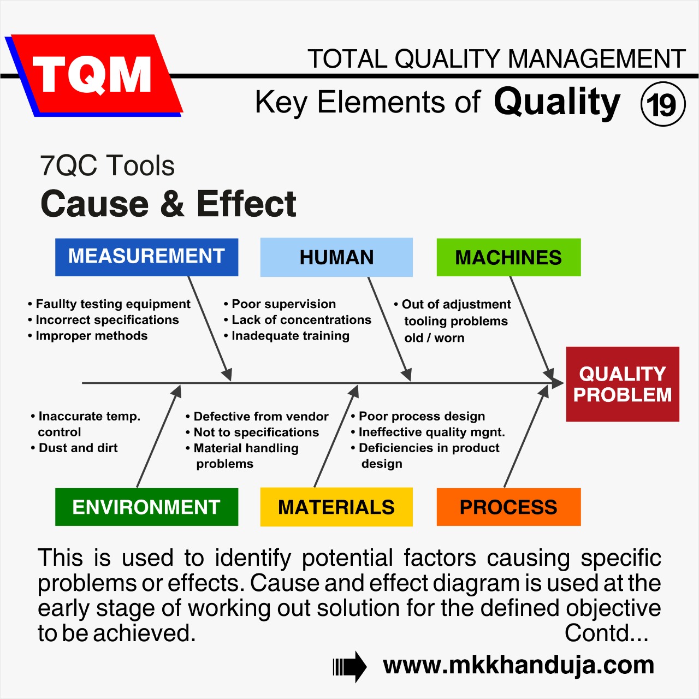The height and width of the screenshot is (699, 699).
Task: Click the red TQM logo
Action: click(x=93, y=75)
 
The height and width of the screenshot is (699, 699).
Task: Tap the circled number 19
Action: click(x=662, y=104)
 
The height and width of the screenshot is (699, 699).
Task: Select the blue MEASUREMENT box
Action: click(x=146, y=257)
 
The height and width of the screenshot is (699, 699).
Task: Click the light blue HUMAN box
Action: click(x=336, y=257)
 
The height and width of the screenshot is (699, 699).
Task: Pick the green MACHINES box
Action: click(x=508, y=257)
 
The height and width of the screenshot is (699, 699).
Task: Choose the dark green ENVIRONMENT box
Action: click(x=146, y=507)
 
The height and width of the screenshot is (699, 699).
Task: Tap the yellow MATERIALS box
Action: click(x=336, y=507)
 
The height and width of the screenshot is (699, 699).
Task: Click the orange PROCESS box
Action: click(x=508, y=507)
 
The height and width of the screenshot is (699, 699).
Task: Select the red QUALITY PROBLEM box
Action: click(x=623, y=384)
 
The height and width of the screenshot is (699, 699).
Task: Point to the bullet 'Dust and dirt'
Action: click(x=78, y=448)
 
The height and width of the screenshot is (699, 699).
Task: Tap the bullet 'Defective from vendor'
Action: click(x=260, y=417)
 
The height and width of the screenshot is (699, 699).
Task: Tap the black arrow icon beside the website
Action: click(x=349, y=667)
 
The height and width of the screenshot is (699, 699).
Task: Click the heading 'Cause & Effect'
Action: click(x=168, y=204)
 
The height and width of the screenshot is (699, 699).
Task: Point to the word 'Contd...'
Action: click(x=606, y=633)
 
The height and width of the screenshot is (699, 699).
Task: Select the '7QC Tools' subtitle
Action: click(x=107, y=165)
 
